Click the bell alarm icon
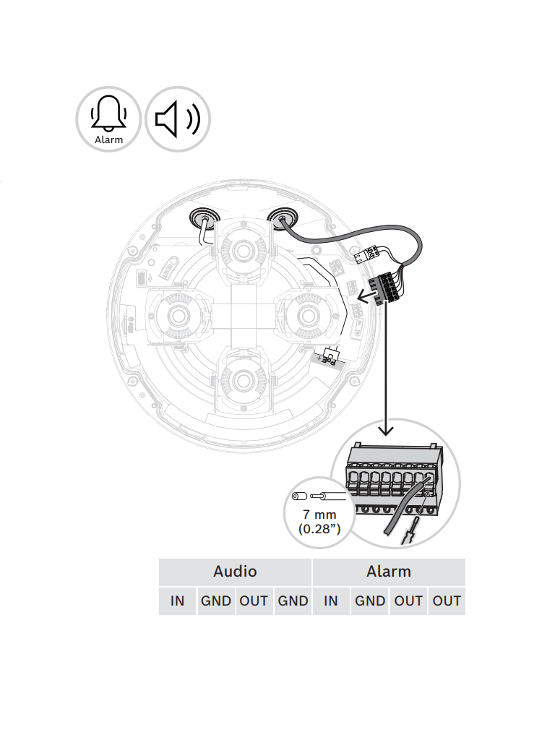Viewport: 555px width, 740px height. (x=108, y=119)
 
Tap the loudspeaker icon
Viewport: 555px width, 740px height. (x=178, y=119)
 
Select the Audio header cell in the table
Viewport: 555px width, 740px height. (x=235, y=572)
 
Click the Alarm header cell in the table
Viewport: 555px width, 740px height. (x=389, y=572)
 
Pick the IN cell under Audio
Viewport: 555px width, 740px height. (x=178, y=601)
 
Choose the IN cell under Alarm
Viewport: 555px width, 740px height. (x=331, y=601)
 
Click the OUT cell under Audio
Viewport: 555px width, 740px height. (x=254, y=601)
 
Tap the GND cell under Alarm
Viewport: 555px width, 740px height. (x=370, y=601)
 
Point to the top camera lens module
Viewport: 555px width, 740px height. (x=243, y=249)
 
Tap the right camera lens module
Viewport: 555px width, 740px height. (x=308, y=314)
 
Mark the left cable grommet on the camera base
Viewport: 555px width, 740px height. (x=205, y=218)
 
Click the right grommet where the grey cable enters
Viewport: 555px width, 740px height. (x=283, y=218)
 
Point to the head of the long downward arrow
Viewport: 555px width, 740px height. (x=386, y=431)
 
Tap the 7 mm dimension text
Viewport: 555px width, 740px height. (x=319, y=515)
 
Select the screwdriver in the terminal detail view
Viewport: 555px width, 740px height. (x=410, y=528)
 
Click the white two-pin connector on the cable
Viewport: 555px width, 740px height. (x=367, y=254)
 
